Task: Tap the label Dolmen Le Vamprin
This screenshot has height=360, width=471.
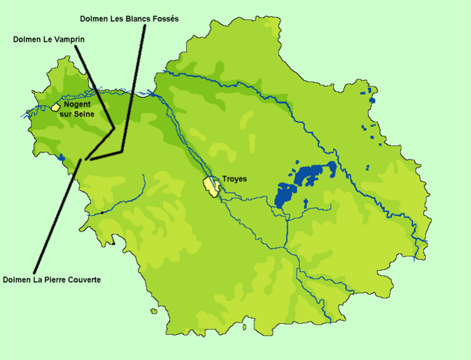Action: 49,39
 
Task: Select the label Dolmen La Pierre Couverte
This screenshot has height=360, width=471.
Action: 52,279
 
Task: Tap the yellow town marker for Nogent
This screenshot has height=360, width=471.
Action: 56,106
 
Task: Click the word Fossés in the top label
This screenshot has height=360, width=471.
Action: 164,19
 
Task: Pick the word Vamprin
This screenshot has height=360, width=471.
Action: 70,39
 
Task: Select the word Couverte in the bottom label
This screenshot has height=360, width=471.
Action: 83,279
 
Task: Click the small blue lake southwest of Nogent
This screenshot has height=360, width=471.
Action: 61,157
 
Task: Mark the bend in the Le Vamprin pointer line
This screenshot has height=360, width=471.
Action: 114,128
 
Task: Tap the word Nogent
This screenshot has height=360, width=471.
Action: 77,104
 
